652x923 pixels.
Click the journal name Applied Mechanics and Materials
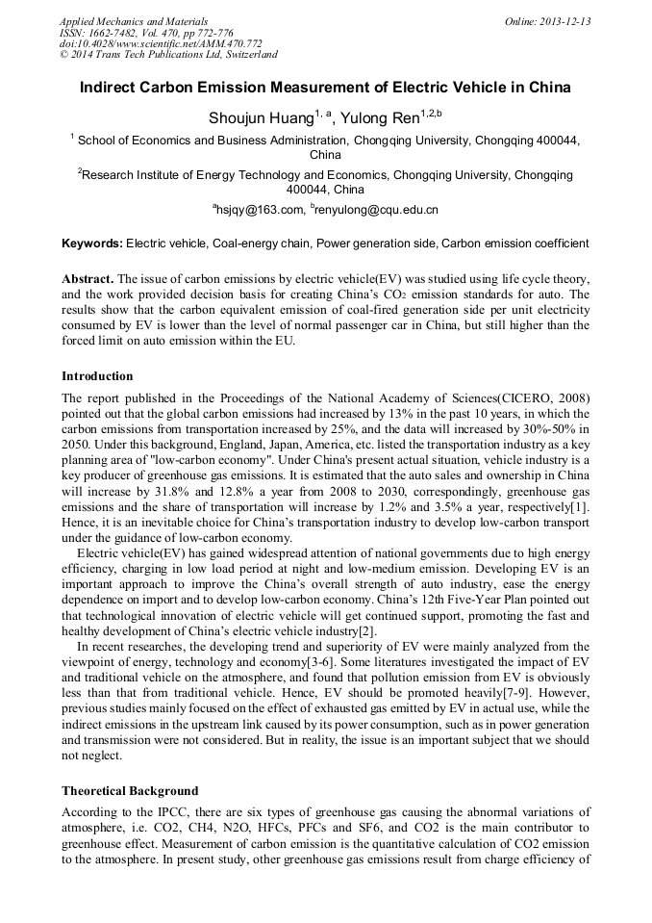pos(133,21)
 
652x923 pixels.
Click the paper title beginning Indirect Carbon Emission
pos(325,88)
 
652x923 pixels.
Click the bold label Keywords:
pos(92,244)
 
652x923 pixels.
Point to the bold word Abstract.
pos(88,279)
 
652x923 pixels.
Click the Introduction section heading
pos(97,376)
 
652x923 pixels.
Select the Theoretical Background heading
pos(130,791)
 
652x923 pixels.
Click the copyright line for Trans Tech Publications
pos(168,55)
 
